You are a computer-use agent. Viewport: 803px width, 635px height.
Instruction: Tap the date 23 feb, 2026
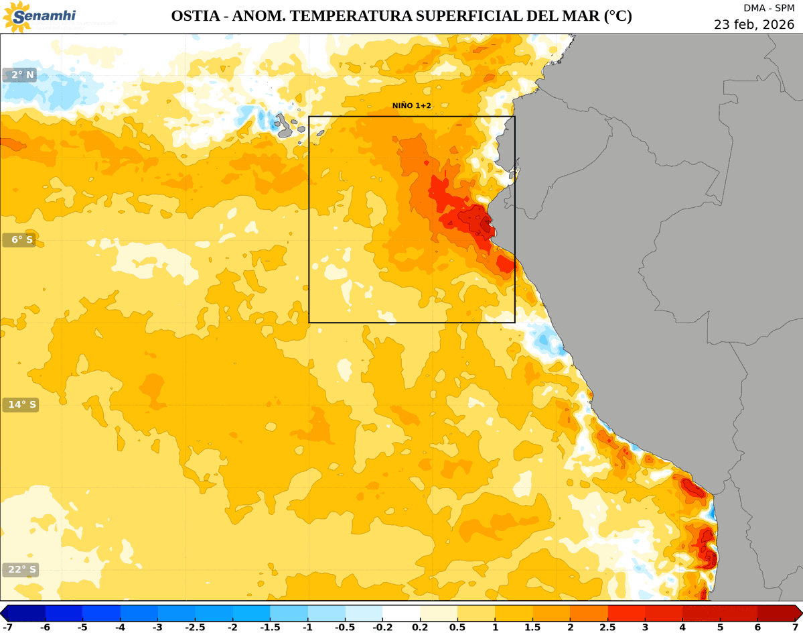753,24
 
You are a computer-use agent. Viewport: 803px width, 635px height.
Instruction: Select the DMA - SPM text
769,8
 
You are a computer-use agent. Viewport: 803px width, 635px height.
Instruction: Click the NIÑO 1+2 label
411,106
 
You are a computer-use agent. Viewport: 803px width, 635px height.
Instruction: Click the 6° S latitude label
19,240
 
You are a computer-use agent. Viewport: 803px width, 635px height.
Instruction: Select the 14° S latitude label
19,405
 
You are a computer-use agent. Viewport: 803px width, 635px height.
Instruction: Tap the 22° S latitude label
19,570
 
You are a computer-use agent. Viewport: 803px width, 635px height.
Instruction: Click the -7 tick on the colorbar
7,628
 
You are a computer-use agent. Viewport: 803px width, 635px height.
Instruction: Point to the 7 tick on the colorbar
795,628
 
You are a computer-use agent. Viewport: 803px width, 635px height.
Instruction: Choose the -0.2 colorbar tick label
382,628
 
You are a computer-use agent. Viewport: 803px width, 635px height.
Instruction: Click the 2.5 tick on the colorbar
607,628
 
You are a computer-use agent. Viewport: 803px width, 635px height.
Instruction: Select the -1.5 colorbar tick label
270,628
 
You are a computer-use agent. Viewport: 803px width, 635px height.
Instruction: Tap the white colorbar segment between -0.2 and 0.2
401,613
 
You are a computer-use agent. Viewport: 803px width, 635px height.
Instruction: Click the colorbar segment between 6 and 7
776,613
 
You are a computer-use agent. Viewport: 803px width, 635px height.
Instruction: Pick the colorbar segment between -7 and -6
26,613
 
